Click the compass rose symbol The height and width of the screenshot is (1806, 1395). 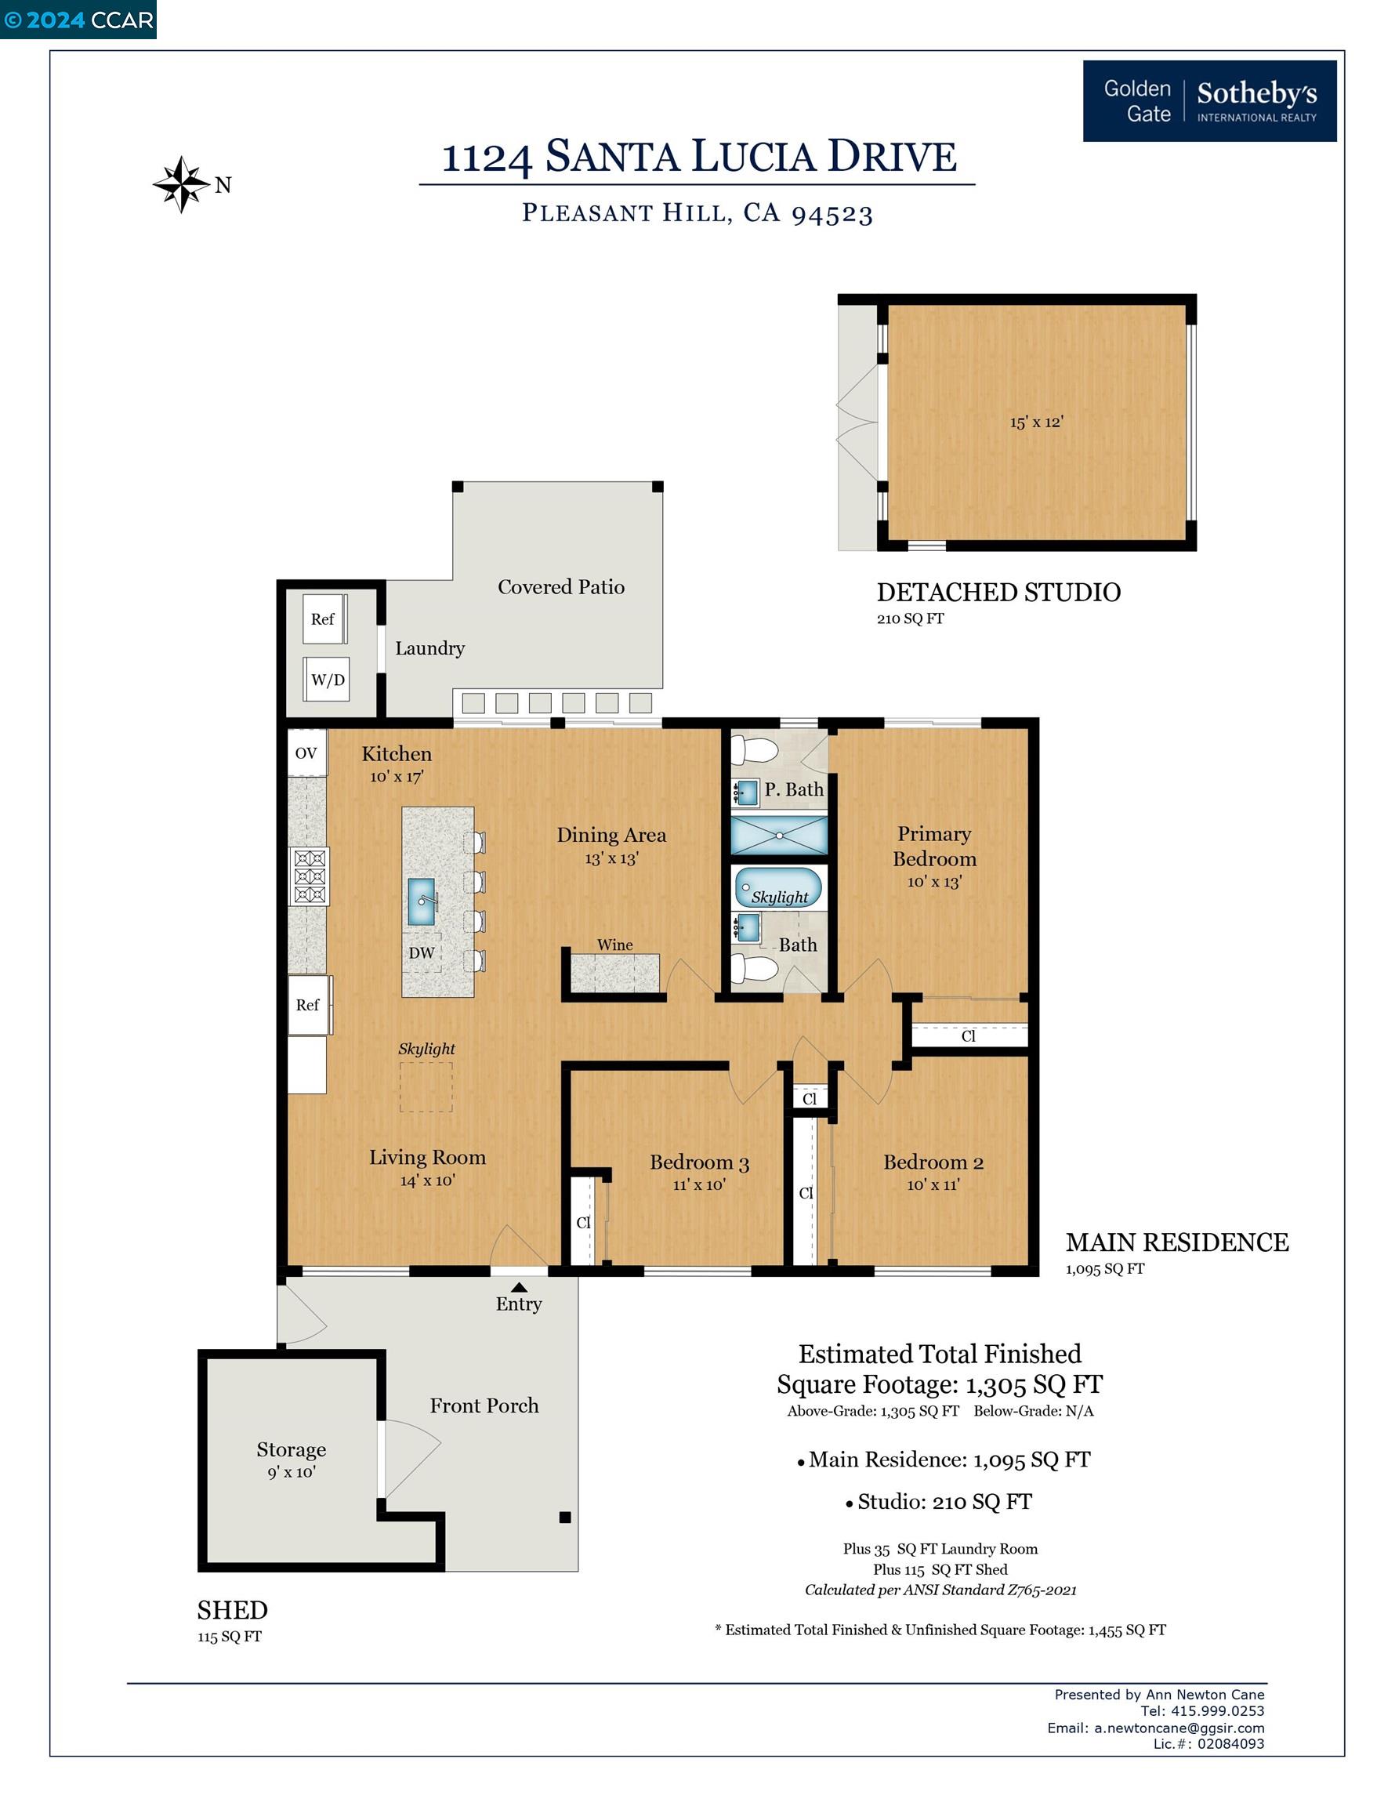[x=181, y=184]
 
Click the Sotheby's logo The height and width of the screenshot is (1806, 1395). [x=1209, y=101]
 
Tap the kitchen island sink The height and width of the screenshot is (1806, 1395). [x=422, y=901]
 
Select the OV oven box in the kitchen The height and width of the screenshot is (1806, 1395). [x=306, y=752]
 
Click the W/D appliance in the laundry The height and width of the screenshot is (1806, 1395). [x=327, y=680]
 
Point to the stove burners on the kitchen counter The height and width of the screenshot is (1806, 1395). [x=309, y=876]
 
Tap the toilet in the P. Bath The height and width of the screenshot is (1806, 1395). [x=755, y=750]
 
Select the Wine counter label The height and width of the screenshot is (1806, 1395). [x=614, y=945]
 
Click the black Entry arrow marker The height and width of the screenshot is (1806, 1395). [x=519, y=1286]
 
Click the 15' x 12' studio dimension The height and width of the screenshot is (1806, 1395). [x=1035, y=422]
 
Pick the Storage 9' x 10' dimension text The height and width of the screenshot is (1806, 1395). [x=291, y=1472]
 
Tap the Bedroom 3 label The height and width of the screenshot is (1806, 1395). [x=699, y=1162]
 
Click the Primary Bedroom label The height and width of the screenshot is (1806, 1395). [x=934, y=846]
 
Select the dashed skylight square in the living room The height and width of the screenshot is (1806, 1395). [x=426, y=1086]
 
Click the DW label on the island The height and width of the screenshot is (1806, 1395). [x=421, y=952]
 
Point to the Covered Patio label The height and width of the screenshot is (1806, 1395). [x=560, y=586]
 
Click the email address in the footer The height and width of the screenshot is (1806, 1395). [x=1179, y=1728]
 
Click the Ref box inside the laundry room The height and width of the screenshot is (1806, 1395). [x=322, y=618]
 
